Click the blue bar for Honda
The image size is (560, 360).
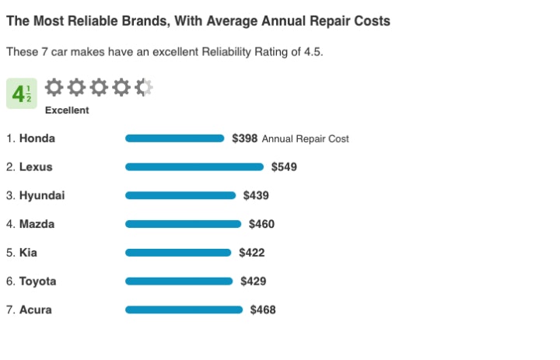point(174,138)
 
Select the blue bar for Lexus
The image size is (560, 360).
point(194,166)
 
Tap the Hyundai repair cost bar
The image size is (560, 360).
point(180,195)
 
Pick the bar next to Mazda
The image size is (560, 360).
point(183,224)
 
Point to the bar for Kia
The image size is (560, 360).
point(178,252)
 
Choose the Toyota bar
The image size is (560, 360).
point(179,281)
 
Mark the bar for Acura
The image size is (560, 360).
point(184,309)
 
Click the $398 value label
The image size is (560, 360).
point(244,138)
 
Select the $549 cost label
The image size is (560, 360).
point(284,166)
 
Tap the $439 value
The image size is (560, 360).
point(256,195)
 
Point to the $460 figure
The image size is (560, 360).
point(261,224)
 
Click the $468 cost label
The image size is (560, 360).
point(263,309)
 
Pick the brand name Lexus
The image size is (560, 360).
point(36,166)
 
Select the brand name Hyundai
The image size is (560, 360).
point(42,195)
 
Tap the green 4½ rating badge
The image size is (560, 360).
point(21,94)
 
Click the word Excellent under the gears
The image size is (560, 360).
point(67,110)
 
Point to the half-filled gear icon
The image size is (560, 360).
point(144,87)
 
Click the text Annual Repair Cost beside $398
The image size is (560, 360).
point(306,139)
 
